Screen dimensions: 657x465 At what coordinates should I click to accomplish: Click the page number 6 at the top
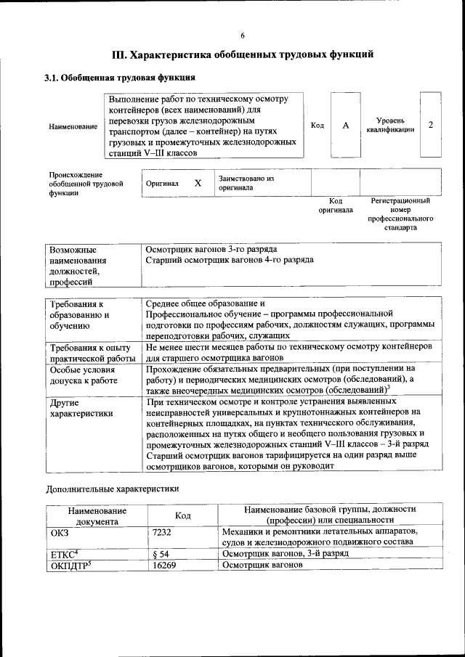click(x=243, y=36)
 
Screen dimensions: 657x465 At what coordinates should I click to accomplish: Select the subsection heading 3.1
click(x=52, y=77)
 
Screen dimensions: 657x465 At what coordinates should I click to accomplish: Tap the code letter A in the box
click(x=346, y=126)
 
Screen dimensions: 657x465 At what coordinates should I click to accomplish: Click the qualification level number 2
click(x=431, y=125)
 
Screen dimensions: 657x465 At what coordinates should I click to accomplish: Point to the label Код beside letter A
click(x=318, y=126)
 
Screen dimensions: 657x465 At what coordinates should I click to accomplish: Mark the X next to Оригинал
click(x=198, y=184)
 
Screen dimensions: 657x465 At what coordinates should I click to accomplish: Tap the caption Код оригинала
click(x=336, y=205)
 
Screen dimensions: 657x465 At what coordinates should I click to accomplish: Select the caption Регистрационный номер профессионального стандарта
click(x=400, y=213)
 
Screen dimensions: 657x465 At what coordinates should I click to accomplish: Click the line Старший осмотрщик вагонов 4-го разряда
click(x=230, y=259)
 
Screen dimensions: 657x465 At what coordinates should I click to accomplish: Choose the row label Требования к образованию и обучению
click(x=80, y=315)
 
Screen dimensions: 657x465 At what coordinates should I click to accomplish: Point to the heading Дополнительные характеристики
click(x=112, y=489)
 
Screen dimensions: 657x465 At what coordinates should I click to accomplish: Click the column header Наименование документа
click(x=97, y=515)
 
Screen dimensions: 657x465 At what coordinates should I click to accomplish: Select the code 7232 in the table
click(x=163, y=532)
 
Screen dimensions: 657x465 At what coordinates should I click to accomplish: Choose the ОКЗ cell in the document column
click(x=59, y=532)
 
